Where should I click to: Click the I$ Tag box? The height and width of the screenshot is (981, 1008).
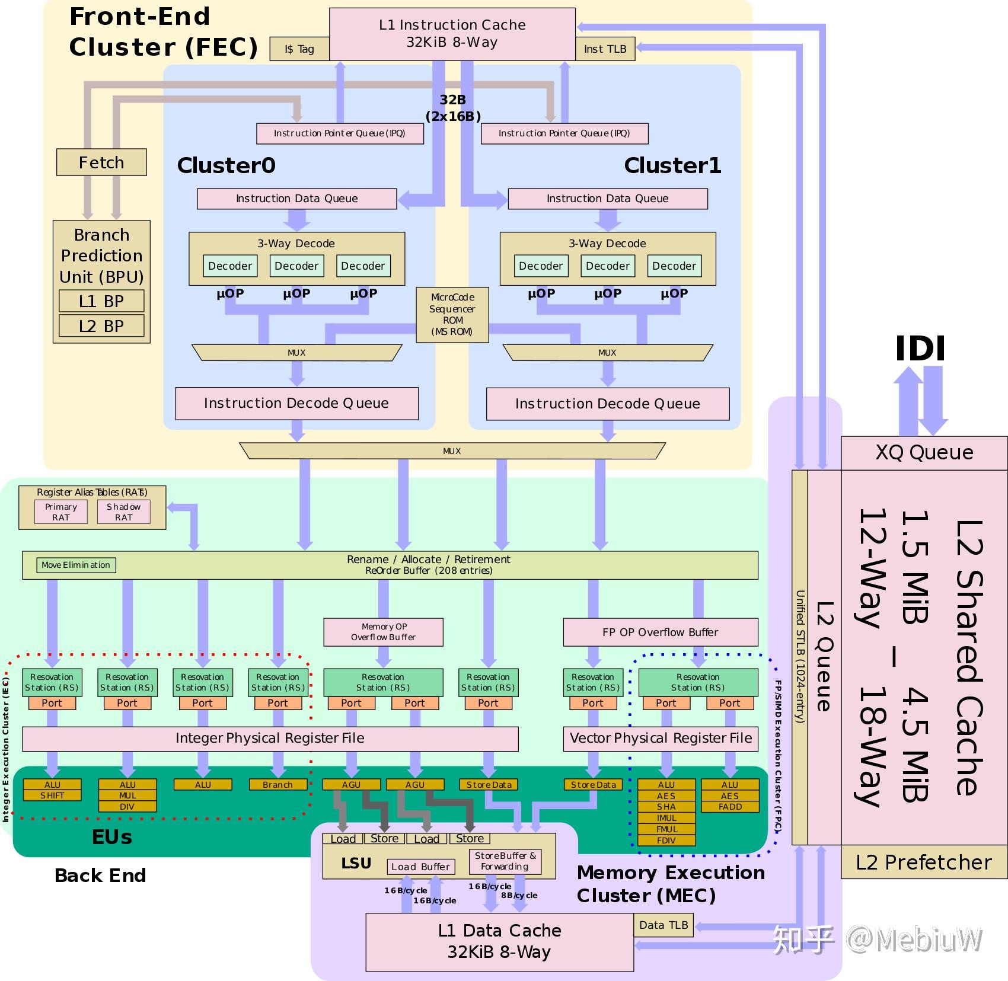coord(299,49)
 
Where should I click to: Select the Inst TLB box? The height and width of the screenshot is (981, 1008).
coord(605,49)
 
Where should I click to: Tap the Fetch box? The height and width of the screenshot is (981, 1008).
coord(101,162)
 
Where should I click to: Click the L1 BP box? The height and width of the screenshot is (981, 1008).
coord(101,301)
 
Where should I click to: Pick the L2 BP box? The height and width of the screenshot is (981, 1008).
coord(101,326)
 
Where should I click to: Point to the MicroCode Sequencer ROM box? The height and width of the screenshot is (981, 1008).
coord(452,315)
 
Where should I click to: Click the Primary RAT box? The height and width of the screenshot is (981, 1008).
coord(61,512)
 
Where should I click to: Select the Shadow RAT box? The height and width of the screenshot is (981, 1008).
coord(123,512)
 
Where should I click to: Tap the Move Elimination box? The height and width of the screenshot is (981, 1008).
coord(76,565)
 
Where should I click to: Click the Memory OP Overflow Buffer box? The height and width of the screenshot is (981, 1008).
coord(383,632)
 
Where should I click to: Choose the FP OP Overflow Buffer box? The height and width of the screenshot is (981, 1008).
coord(660,632)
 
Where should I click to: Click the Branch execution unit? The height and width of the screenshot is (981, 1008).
coord(277,785)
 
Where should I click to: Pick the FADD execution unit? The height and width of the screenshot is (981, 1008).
coord(730,807)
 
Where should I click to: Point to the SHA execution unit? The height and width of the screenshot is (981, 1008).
coord(666,807)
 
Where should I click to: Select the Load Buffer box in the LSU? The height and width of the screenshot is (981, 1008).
coord(420,867)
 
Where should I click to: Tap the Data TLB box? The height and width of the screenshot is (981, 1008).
coord(664,925)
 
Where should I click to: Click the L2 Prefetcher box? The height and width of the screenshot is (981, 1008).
coord(923,862)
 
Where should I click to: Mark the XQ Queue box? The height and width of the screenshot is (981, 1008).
coord(924,453)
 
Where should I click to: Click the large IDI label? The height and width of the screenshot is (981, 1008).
coord(920,349)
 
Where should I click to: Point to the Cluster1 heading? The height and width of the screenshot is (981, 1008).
coord(672,165)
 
